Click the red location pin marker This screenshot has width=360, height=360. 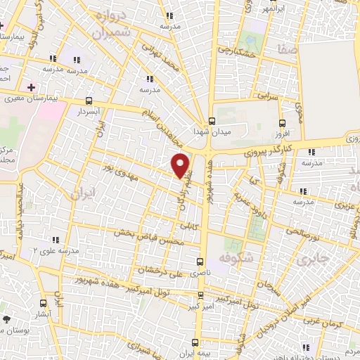point(181,166)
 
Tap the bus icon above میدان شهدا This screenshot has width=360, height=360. point(212,120)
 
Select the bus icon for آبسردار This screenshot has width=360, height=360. point(89,100)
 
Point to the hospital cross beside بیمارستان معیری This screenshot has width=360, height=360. point(30,86)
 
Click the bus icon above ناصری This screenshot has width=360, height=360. point(200,261)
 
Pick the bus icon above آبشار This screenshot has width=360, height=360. point(44,304)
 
